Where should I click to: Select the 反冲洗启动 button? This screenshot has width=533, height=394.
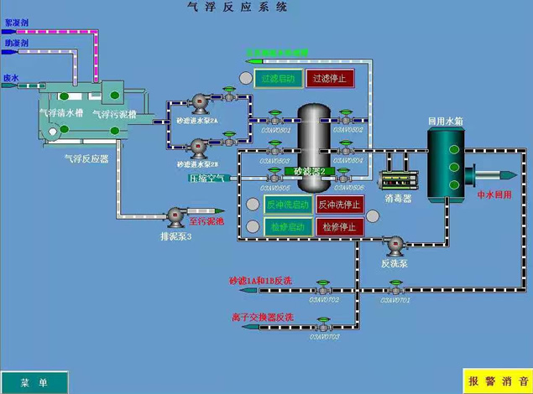(x=288, y=205)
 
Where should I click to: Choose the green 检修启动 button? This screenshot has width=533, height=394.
(x=288, y=226)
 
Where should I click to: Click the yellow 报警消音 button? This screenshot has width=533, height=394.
(x=497, y=381)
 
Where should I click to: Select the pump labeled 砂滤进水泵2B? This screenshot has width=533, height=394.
(x=199, y=148)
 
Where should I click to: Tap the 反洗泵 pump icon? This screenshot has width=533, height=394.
(x=394, y=245)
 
